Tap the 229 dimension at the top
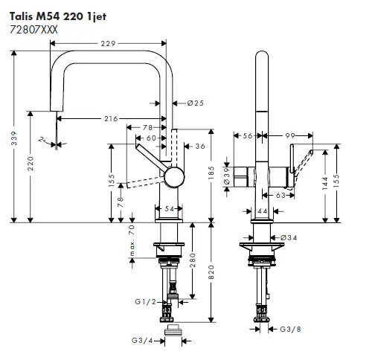click(x=109, y=45)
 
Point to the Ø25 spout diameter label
click(x=195, y=103)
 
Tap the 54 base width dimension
click(x=170, y=210)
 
